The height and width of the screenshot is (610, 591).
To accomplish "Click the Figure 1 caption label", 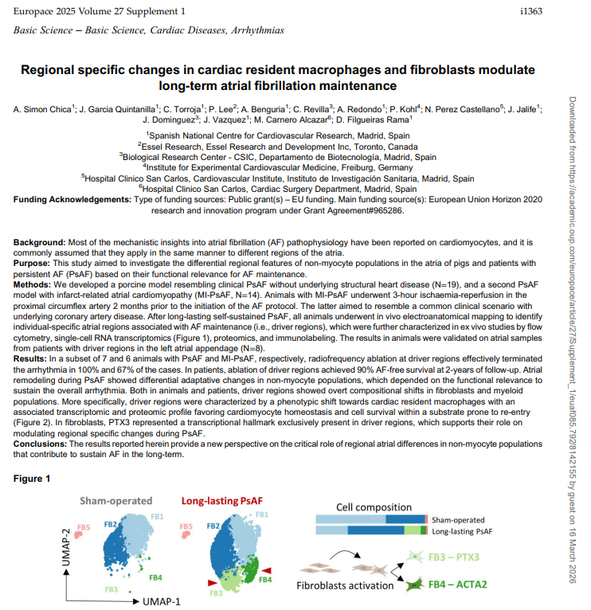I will click(x=32, y=479).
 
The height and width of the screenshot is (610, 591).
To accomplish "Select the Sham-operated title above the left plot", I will click(x=115, y=500).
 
